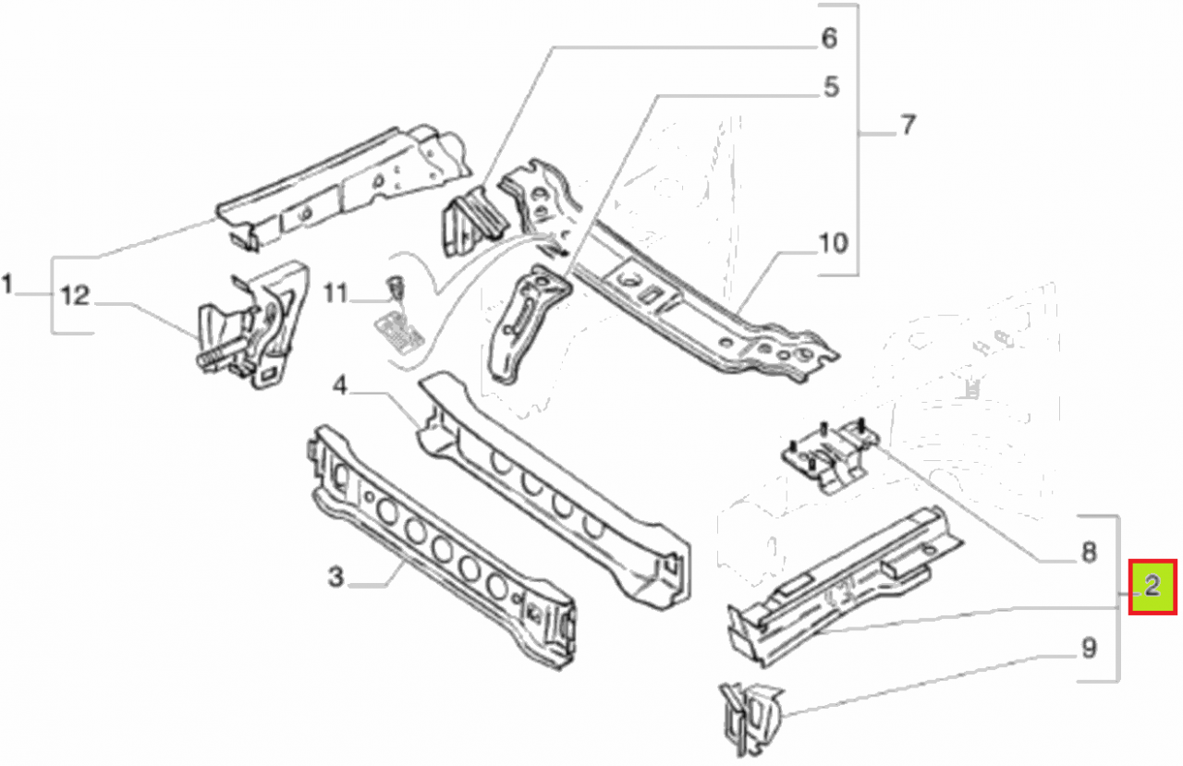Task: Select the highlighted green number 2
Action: (x=1153, y=586)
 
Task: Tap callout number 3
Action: (x=336, y=578)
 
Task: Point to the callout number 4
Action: (x=340, y=388)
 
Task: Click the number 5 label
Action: (x=830, y=88)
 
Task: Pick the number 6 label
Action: (x=829, y=39)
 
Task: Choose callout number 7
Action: (x=908, y=126)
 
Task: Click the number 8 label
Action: (x=1088, y=553)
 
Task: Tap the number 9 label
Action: (x=1088, y=649)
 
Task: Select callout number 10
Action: (x=832, y=244)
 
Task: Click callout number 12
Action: (x=76, y=297)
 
